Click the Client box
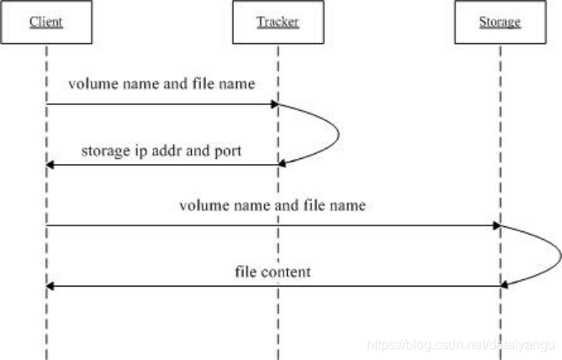47,23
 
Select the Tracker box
278,23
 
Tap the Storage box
500,23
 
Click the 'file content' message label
273,272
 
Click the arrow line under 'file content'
273,286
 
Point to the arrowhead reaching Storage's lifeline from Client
496,225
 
